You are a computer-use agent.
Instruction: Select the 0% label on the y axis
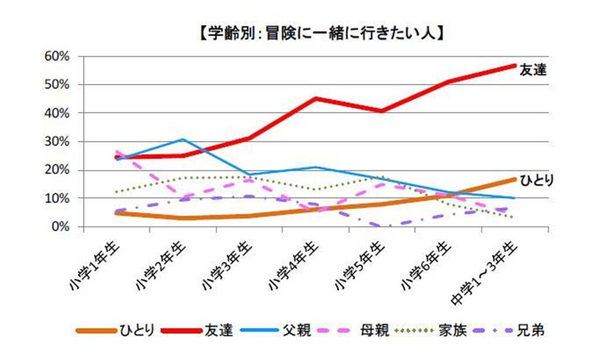[x=60, y=227]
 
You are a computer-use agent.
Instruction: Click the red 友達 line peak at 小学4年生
[x=316, y=98]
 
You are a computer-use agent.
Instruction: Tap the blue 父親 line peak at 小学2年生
[x=183, y=140]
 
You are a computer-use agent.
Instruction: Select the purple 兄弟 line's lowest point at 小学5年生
[x=382, y=226]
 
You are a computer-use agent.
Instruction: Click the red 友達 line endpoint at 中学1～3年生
[x=514, y=66]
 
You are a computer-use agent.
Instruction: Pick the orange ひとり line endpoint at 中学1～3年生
[x=514, y=179]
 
